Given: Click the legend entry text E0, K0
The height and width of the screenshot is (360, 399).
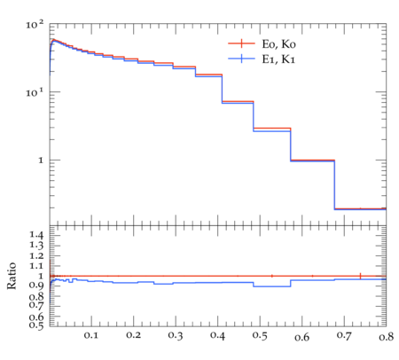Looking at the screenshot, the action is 278,44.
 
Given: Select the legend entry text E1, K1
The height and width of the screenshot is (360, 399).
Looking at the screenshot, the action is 278,59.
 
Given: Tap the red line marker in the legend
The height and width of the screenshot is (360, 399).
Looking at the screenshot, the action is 241,43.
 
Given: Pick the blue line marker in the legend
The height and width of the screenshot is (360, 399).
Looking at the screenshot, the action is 241,59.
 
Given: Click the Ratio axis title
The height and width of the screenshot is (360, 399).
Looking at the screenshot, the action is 12,276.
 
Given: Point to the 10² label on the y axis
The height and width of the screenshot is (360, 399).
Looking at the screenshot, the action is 35,25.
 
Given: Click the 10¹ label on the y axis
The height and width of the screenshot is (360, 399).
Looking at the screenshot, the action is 35,93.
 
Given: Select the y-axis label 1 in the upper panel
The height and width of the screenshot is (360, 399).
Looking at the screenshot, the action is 41,160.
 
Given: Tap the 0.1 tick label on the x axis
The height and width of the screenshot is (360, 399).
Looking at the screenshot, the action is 91,335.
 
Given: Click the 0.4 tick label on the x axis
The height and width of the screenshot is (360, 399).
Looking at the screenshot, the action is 217,335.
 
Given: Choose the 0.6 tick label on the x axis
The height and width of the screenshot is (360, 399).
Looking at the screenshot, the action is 301,337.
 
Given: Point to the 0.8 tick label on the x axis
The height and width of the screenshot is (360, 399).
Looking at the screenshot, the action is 387,336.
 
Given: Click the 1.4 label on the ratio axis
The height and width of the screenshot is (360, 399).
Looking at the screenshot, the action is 36,235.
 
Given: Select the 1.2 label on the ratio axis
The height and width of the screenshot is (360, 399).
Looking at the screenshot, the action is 36,256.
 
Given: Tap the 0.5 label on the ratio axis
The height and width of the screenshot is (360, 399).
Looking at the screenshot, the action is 36,325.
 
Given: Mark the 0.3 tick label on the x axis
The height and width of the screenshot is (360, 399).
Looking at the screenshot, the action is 176,335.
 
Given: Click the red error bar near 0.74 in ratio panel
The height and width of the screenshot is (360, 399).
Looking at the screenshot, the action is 360,276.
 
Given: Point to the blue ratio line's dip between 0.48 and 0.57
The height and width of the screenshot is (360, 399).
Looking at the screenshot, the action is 272,286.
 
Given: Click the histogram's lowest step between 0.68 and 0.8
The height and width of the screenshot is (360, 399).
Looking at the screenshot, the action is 360,208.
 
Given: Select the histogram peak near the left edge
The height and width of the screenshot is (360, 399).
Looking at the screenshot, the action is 54,40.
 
